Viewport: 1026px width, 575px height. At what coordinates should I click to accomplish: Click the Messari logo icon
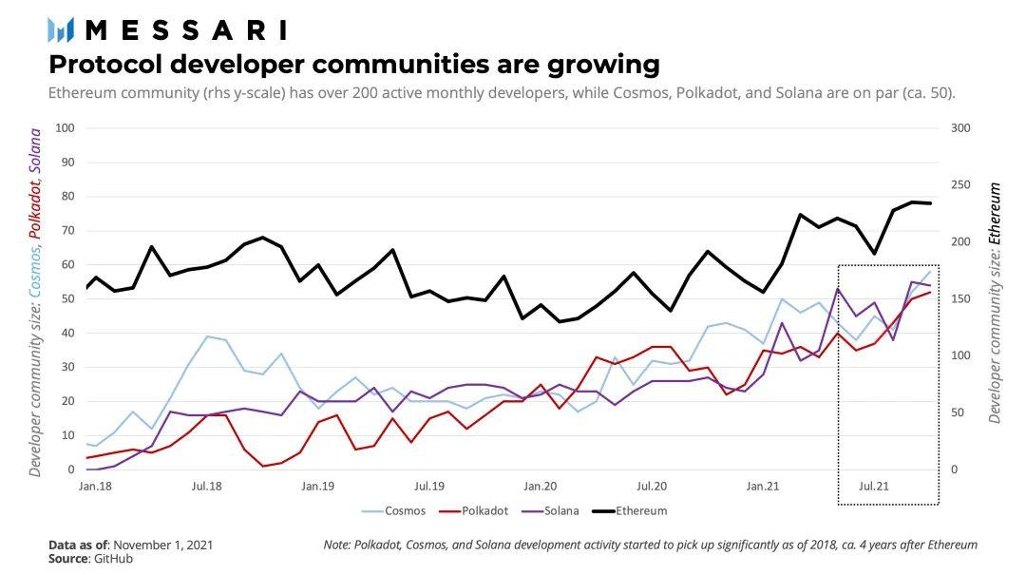(61, 30)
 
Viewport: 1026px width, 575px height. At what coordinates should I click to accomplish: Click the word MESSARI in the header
(186, 30)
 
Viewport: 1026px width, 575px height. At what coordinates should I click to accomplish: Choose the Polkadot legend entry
(484, 510)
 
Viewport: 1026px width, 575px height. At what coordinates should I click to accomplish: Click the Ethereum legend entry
(640, 510)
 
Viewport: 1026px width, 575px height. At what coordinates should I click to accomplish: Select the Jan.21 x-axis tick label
(764, 486)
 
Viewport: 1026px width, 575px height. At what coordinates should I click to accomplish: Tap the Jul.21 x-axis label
(874, 486)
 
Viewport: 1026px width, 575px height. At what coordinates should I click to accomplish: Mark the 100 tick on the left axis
(65, 128)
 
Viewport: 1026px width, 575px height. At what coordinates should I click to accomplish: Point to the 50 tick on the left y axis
(67, 299)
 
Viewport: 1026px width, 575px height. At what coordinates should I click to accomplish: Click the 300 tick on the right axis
(959, 128)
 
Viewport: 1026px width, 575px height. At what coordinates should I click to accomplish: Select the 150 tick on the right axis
(959, 299)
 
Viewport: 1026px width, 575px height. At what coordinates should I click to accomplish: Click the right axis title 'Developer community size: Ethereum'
(995, 303)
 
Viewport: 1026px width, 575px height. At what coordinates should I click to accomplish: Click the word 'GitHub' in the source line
(112, 559)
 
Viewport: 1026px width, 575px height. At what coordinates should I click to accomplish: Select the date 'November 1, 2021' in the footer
(162, 545)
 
